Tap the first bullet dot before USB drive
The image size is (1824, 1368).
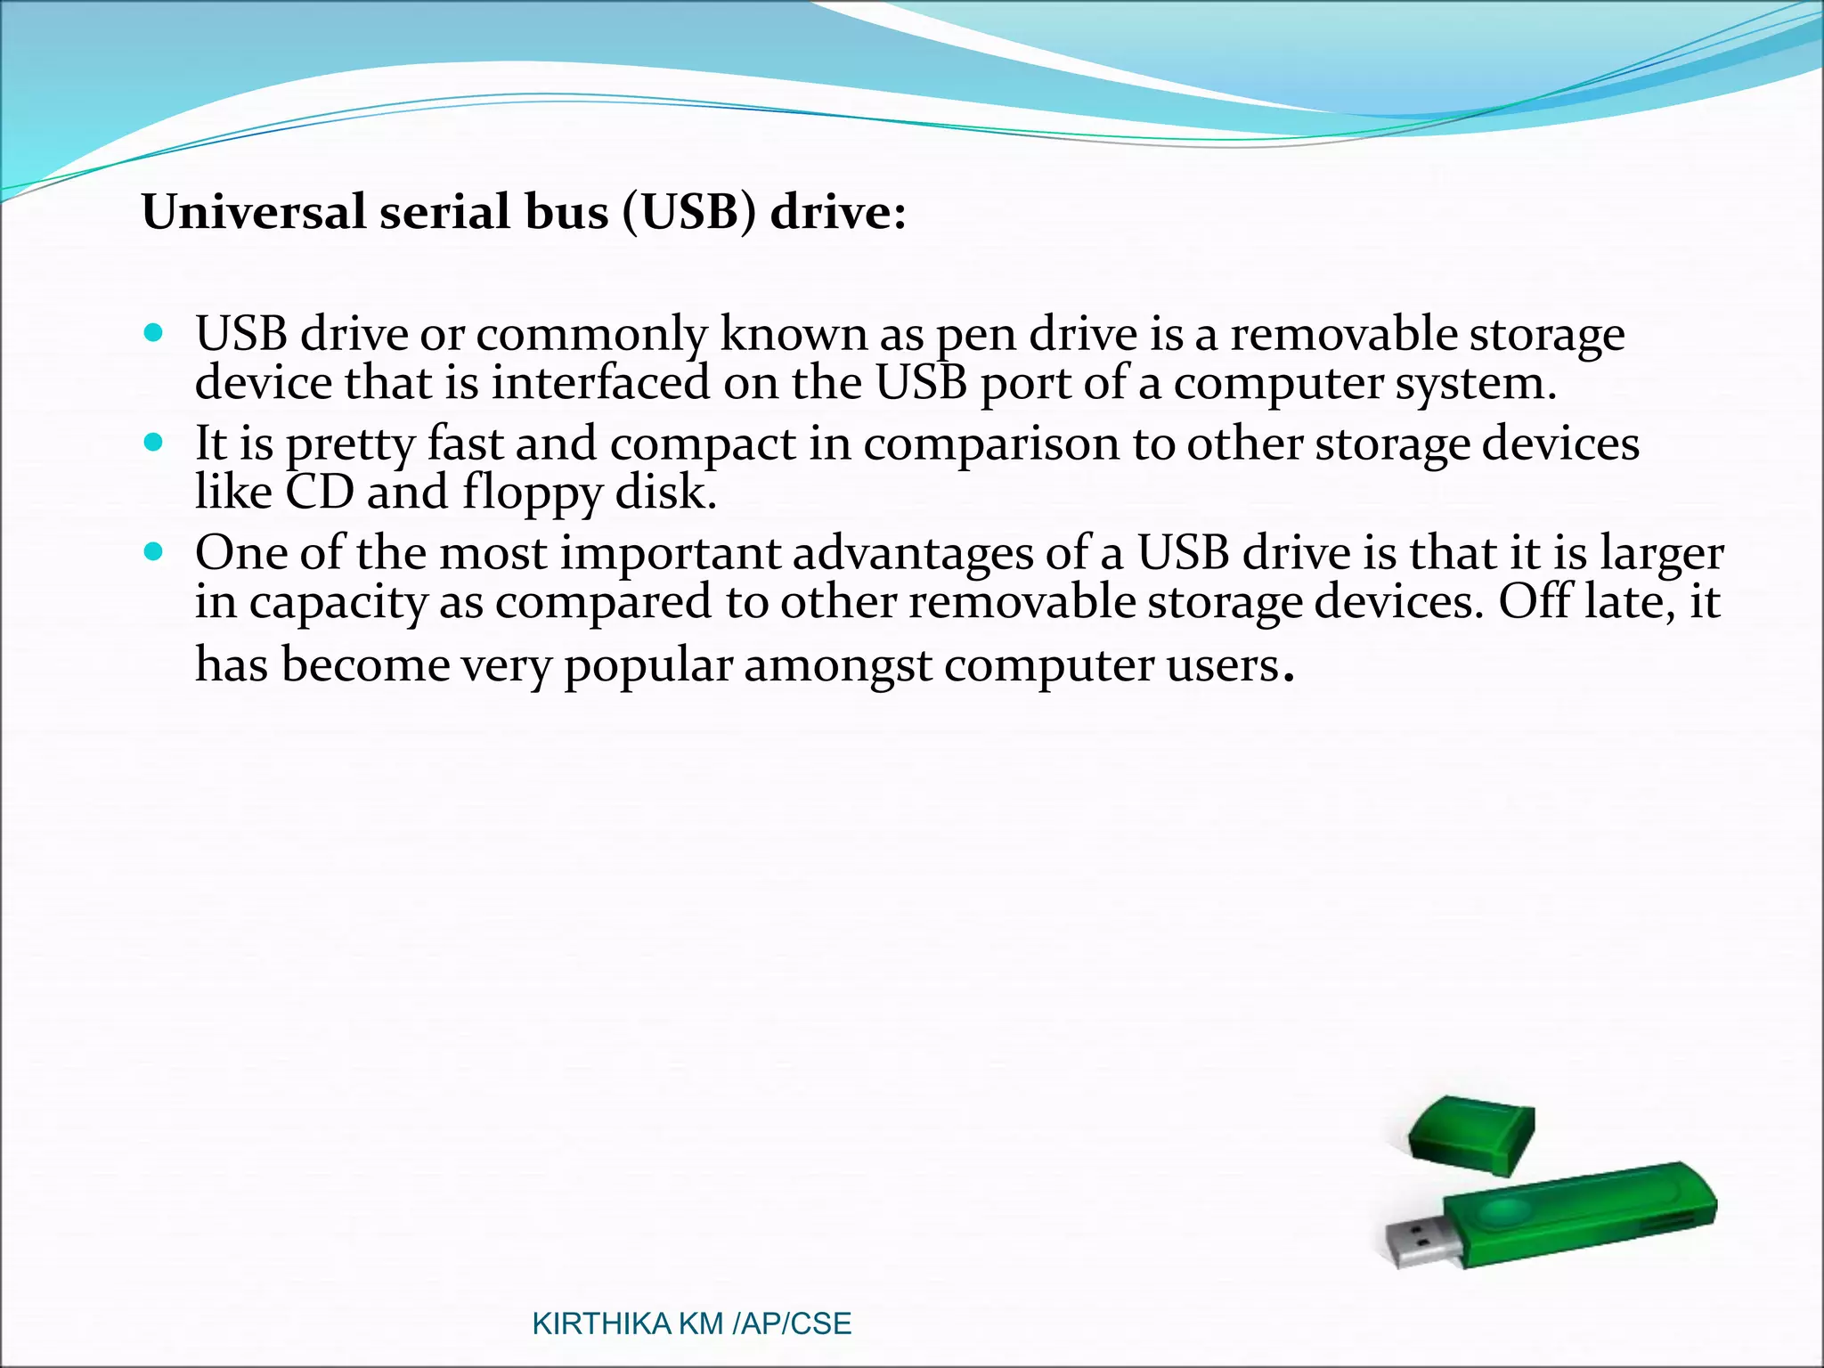pos(153,334)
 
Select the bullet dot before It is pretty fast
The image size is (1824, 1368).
pos(153,443)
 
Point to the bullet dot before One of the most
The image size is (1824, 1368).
pos(153,552)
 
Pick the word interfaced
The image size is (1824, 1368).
pos(601,384)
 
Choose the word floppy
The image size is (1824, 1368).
pos(533,493)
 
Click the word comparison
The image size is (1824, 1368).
pos(991,444)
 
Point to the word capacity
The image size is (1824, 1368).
pos(338,603)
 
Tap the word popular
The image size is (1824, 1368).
pos(648,666)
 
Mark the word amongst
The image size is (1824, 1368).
pos(838,666)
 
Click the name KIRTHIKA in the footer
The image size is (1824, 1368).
pos(601,1324)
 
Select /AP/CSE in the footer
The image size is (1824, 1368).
pos(792,1324)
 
